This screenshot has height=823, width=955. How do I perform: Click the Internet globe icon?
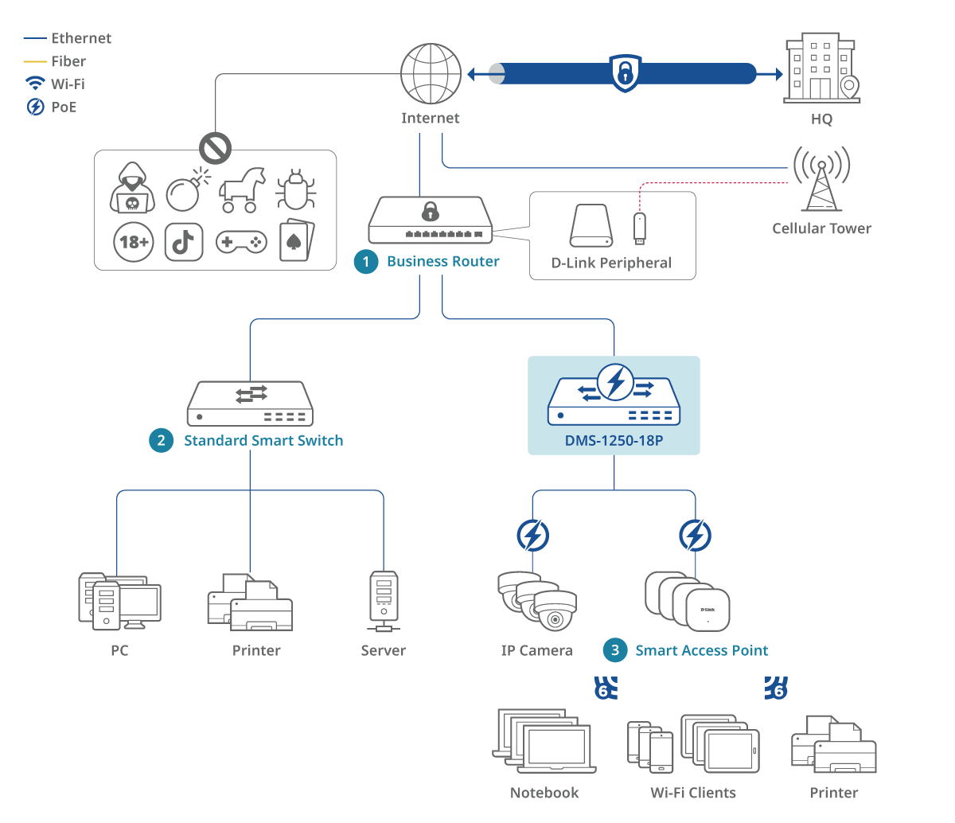click(431, 73)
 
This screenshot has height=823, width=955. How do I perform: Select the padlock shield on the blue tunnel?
click(626, 73)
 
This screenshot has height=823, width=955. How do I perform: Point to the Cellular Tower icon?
click(821, 178)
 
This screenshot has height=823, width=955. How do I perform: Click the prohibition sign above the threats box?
click(215, 148)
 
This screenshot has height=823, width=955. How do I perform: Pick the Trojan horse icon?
click(243, 190)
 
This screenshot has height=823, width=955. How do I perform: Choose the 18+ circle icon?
click(134, 241)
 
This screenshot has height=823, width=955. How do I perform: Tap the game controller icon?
click(241, 241)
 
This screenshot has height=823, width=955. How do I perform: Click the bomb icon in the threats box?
click(185, 191)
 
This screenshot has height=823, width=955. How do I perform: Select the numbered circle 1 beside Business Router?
click(366, 262)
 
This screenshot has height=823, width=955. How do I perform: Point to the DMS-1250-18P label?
click(614, 440)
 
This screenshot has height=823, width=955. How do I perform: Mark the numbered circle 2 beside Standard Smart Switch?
click(162, 440)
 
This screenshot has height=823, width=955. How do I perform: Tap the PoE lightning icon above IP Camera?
click(532, 536)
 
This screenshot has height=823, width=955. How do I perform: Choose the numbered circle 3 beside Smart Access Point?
click(615, 650)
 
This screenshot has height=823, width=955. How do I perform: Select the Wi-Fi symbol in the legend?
click(36, 84)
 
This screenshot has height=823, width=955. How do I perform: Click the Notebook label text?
click(544, 793)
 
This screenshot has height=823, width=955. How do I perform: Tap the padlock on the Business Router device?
click(431, 212)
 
